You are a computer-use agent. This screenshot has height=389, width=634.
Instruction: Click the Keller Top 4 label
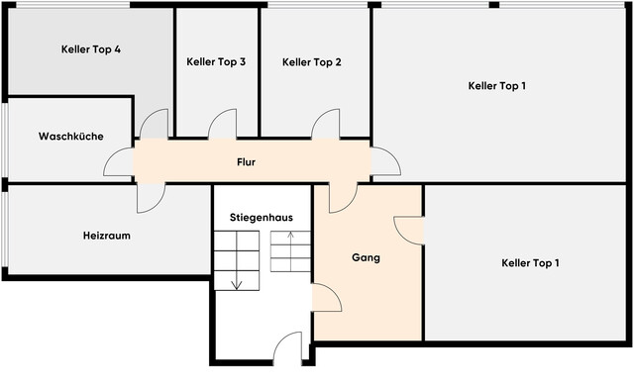[x=90, y=49]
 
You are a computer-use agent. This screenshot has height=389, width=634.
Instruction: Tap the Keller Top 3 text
[x=216, y=61]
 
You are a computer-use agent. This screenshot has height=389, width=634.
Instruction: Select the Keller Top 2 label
[x=312, y=61]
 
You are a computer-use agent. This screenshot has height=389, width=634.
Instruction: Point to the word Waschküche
[x=71, y=137]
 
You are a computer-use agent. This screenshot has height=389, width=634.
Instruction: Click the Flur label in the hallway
[x=246, y=161]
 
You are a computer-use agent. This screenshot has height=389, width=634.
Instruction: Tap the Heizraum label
[x=107, y=236]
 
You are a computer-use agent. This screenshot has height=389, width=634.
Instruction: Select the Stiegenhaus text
[x=262, y=216]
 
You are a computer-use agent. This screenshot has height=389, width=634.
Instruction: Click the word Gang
[x=366, y=257]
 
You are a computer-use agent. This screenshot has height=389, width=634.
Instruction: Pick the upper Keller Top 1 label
[x=496, y=85]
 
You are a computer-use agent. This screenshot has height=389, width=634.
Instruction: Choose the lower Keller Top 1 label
[x=530, y=262]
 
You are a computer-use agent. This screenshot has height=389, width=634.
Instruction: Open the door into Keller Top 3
[x=223, y=125]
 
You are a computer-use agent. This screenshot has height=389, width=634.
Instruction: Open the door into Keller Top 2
[x=326, y=125]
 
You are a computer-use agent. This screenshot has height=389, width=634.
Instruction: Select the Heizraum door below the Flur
[x=152, y=197]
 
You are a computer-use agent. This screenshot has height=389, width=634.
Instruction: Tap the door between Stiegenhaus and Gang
[x=327, y=296]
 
